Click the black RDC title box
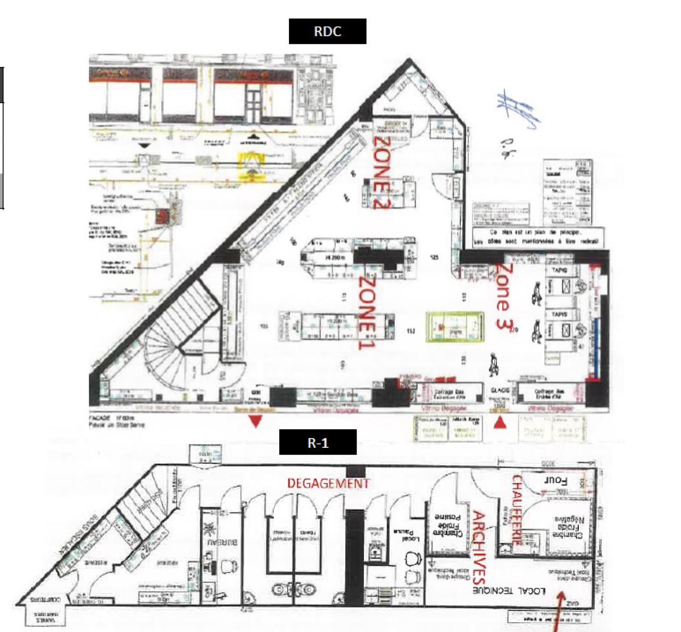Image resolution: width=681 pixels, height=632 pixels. [327, 31]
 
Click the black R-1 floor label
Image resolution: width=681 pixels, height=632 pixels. [318, 442]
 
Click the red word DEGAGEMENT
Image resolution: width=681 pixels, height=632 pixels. [328, 483]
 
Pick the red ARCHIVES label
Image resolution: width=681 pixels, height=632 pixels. [479, 548]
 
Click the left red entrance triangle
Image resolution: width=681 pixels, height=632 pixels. [255, 422]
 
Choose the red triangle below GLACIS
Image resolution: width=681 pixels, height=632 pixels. [500, 423]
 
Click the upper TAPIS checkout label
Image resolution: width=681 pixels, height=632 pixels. [559, 270]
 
